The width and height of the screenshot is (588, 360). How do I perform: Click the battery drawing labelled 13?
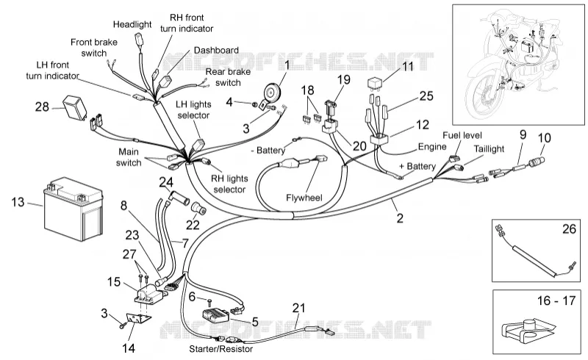[x=73, y=209]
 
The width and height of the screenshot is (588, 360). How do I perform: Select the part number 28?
[x=42, y=107]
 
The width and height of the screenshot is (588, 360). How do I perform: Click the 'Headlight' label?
[x=132, y=24]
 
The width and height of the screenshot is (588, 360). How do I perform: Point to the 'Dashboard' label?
[x=216, y=50]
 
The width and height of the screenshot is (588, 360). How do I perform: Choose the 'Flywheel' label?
[x=304, y=198]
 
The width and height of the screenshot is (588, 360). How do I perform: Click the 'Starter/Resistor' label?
[x=221, y=349]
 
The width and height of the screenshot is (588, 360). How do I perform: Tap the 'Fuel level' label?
[x=462, y=135]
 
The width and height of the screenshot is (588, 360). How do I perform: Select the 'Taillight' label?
[x=489, y=149]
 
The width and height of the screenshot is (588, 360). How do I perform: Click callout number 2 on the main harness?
[x=400, y=218]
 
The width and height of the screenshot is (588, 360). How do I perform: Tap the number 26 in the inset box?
[x=569, y=228]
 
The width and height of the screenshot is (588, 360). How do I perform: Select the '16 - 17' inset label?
[x=556, y=300]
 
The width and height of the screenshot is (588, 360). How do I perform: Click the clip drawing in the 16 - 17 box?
[x=527, y=331]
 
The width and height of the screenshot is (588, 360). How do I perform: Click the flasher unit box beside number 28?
[x=74, y=104]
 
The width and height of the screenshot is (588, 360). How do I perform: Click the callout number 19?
[x=343, y=79]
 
